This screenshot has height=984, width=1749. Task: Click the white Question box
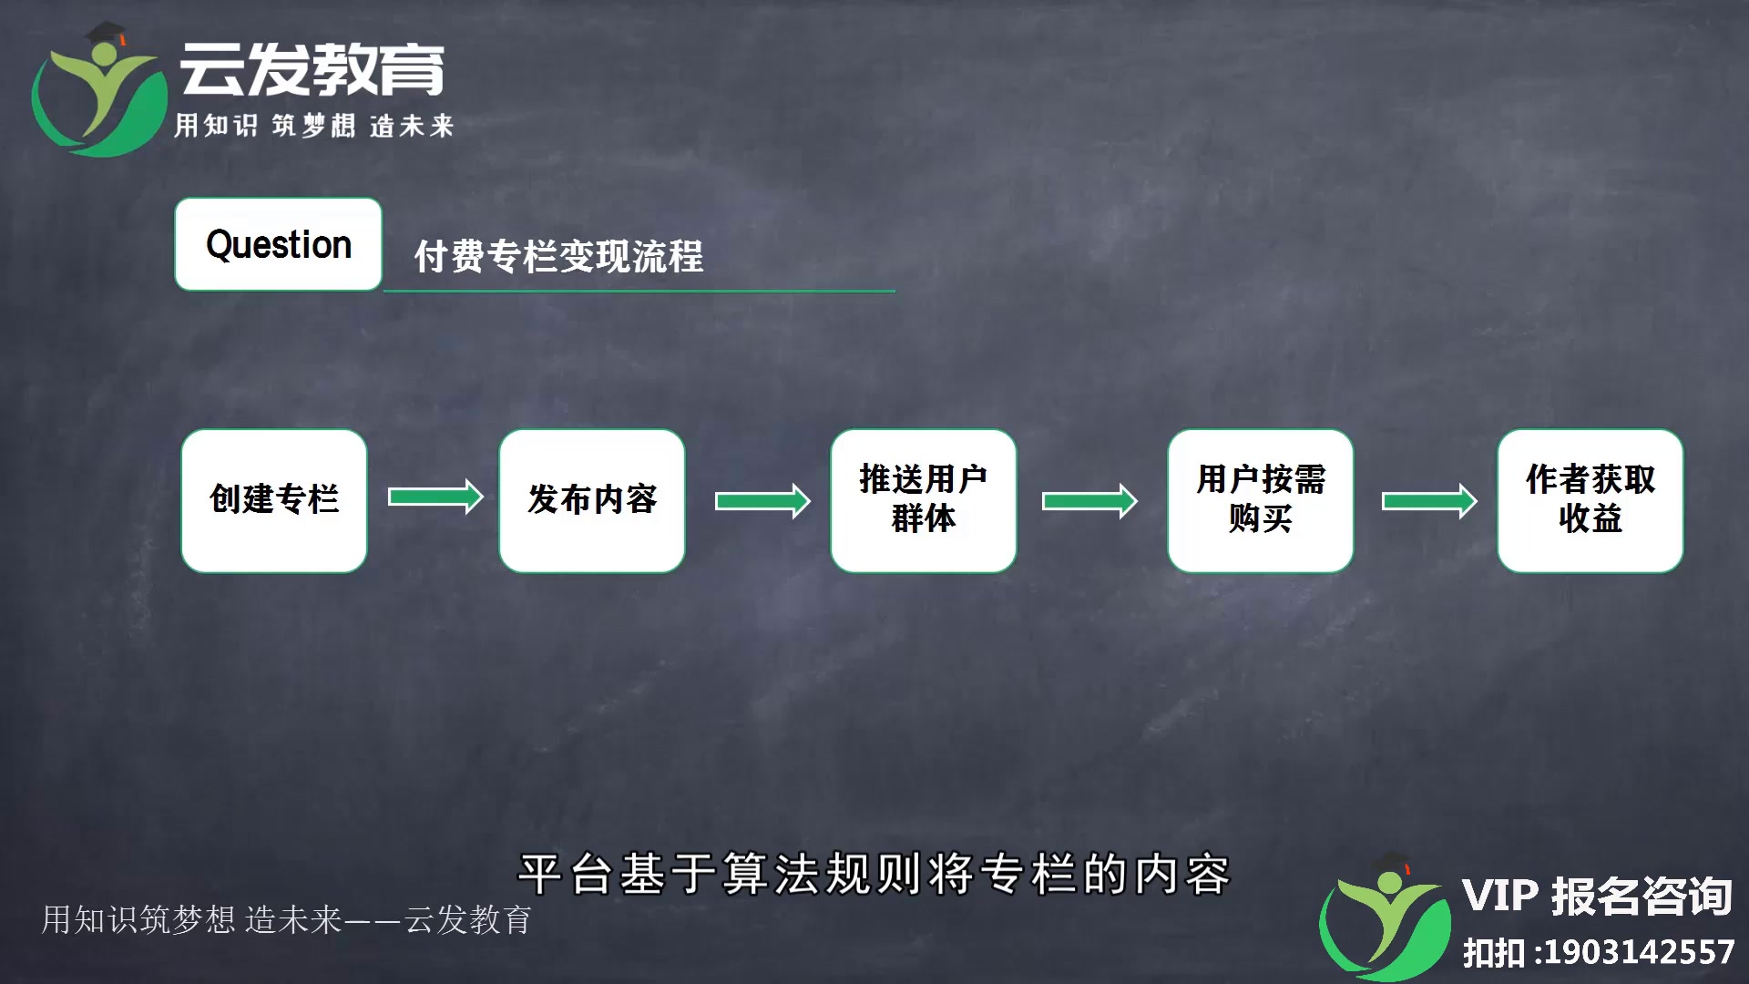click(278, 244)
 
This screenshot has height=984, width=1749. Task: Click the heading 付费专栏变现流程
click(558, 256)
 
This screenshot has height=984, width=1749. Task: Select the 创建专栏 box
click(274, 501)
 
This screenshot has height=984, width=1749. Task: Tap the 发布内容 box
click(592, 501)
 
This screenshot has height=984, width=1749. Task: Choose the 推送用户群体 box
click(924, 501)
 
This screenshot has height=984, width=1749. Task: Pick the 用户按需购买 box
click(1261, 501)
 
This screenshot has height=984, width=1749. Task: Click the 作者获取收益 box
click(1590, 501)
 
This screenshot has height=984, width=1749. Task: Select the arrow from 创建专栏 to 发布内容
click(435, 497)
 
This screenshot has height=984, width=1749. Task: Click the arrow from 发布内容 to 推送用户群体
click(762, 501)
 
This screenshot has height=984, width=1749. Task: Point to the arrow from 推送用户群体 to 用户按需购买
click(1089, 501)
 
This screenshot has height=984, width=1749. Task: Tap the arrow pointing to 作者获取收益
click(1429, 501)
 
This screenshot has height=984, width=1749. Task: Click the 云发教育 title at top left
click(312, 69)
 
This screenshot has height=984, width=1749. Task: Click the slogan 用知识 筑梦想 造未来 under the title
click(313, 125)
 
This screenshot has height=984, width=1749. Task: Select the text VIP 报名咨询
click(1597, 897)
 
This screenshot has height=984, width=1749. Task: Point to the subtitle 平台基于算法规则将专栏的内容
click(874, 874)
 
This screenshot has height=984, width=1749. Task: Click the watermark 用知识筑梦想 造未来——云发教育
click(286, 919)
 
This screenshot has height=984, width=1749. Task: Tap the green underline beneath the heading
click(639, 292)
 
